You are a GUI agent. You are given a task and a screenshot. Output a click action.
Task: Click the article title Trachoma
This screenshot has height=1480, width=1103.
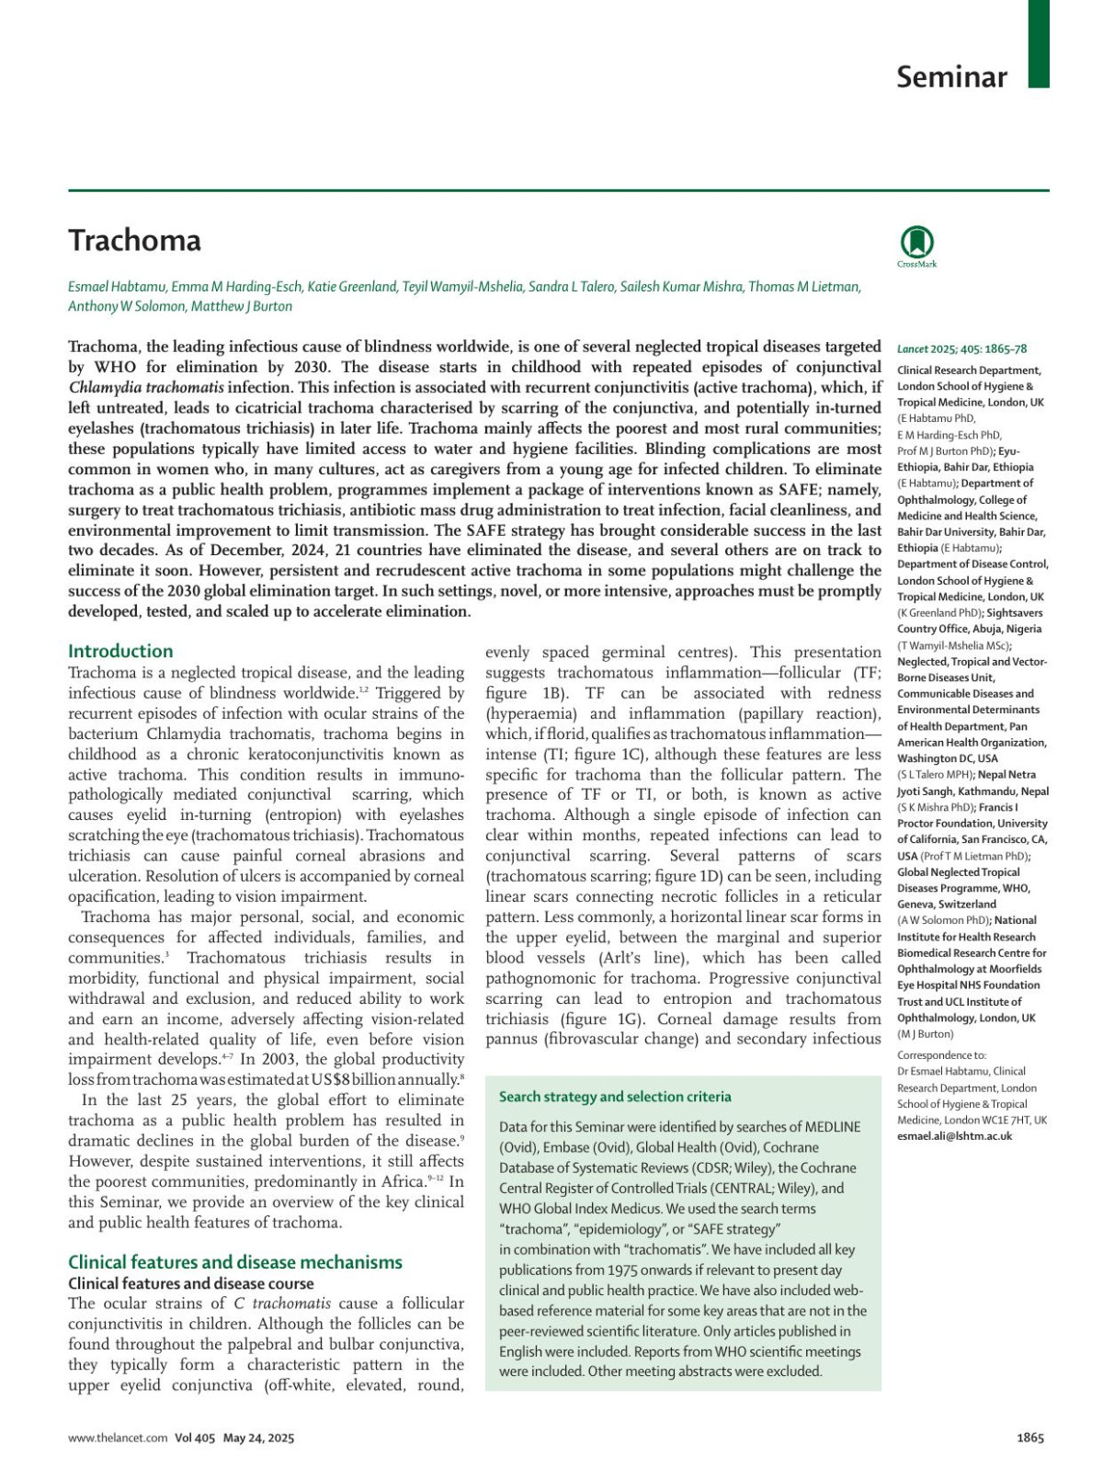pyautogui.click(x=134, y=240)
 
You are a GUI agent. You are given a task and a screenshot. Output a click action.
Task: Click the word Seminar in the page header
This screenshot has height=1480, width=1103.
pyautogui.click(x=951, y=76)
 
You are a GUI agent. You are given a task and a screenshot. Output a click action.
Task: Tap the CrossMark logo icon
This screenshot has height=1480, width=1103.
pyautogui.click(x=916, y=244)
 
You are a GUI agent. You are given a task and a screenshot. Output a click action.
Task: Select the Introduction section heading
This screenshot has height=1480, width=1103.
pyautogui.click(x=120, y=651)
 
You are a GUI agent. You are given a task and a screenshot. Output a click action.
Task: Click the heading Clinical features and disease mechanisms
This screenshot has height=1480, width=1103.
pyautogui.click(x=235, y=1262)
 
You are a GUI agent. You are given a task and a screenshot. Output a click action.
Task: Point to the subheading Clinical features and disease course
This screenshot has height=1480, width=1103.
pyautogui.click(x=191, y=1283)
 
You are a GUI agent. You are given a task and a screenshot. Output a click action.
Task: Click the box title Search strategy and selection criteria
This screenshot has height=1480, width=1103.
pyautogui.click(x=615, y=1097)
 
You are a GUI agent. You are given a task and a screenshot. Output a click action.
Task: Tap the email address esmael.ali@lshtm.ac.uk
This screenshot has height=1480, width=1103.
pyautogui.click(x=954, y=1136)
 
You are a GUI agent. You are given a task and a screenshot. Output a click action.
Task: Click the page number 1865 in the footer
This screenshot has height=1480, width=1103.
pyautogui.click(x=1030, y=1438)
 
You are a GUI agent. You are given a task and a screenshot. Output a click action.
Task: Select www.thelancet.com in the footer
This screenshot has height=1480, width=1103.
pyautogui.click(x=118, y=1438)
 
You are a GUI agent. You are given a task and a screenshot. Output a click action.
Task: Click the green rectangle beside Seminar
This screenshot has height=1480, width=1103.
pyautogui.click(x=1038, y=43)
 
